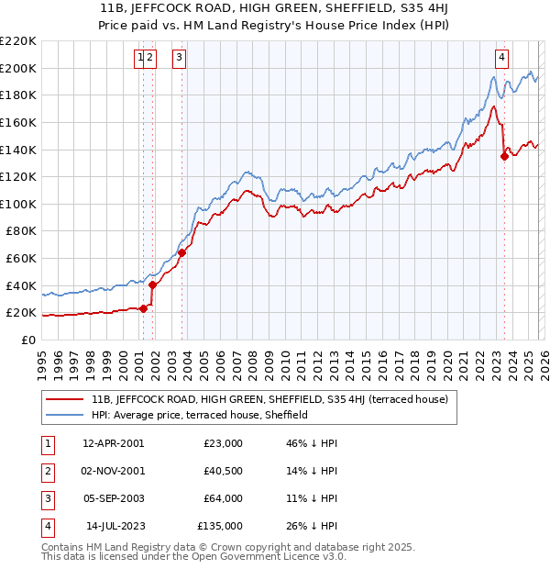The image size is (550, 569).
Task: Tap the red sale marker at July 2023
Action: click(504, 156)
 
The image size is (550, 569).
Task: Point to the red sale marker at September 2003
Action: click(182, 252)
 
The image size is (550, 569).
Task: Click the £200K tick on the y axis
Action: click(19, 68)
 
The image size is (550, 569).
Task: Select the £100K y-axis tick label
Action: click(19, 204)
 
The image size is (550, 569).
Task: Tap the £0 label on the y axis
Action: click(27, 340)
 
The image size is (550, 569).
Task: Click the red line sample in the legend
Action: click(65, 399)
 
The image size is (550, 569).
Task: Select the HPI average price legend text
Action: click(199, 415)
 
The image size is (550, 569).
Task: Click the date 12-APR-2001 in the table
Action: click(113, 443)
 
